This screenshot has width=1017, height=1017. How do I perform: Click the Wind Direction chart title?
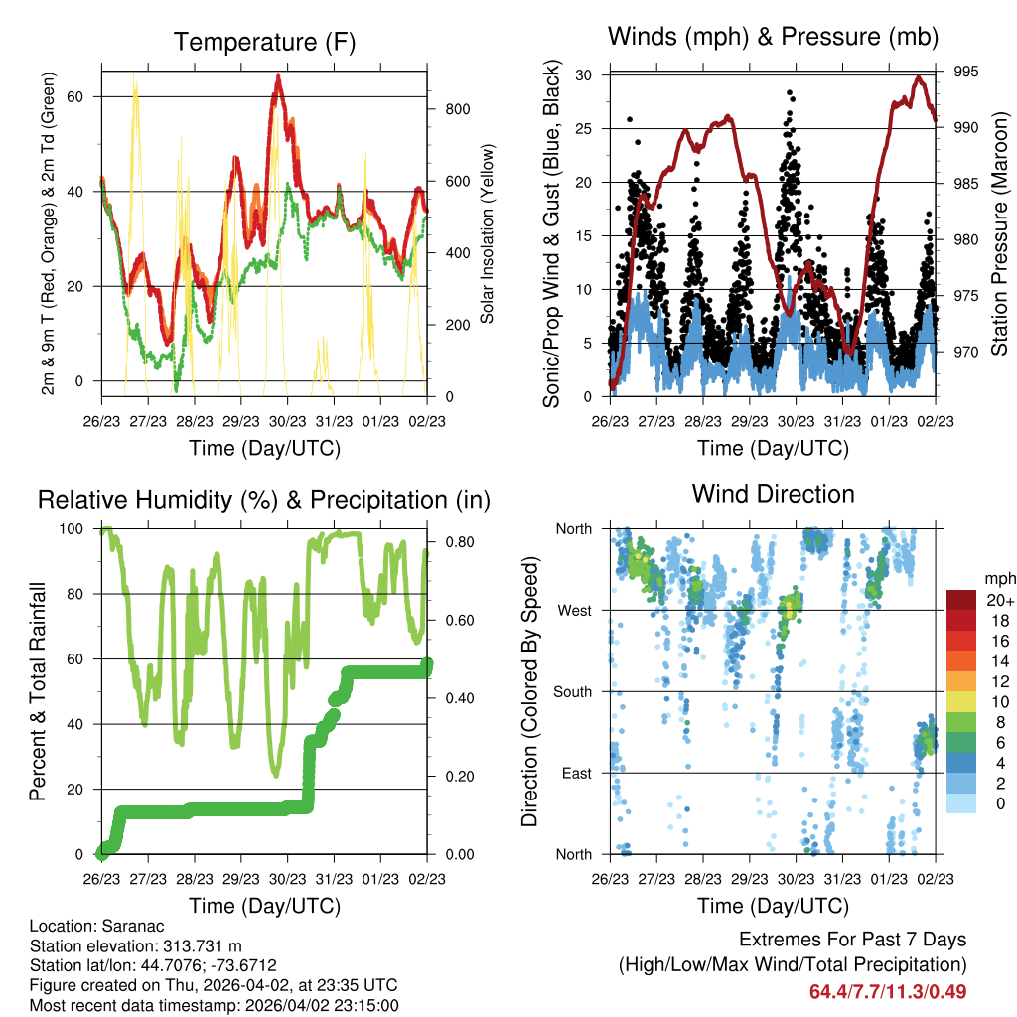click(773, 494)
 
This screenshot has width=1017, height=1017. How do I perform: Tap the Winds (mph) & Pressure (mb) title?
click(773, 38)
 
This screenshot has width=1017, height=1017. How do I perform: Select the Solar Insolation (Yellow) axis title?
click(488, 234)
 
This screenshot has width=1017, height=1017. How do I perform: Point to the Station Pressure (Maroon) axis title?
click(999, 234)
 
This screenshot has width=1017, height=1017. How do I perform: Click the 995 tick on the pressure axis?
click(966, 72)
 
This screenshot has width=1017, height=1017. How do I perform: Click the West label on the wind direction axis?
click(574, 611)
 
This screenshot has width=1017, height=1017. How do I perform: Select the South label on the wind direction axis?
click(572, 692)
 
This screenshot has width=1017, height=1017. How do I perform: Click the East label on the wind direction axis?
click(575, 774)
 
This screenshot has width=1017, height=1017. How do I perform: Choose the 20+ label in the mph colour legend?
click(998, 600)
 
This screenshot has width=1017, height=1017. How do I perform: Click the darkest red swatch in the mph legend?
click(961, 600)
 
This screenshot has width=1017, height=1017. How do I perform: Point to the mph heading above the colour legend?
click(997, 578)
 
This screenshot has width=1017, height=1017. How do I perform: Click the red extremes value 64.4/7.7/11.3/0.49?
click(888, 991)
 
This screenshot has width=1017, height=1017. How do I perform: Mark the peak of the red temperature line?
click(279, 76)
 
